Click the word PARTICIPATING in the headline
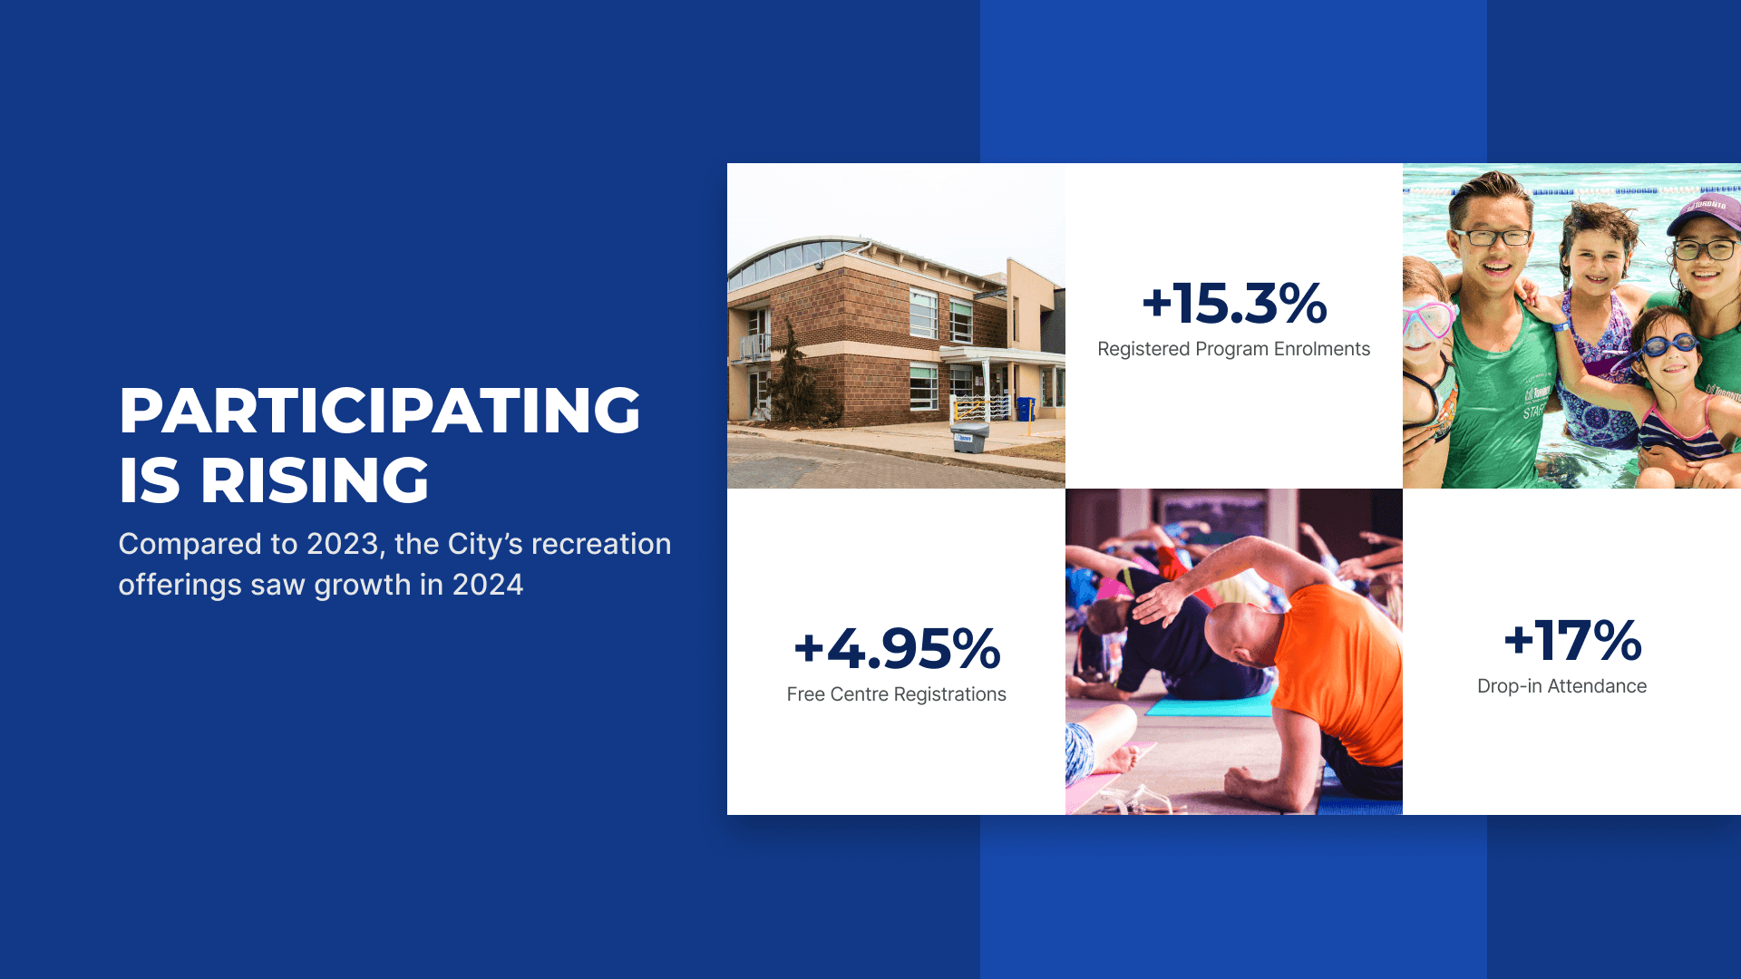[380, 411]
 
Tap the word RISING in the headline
[315, 480]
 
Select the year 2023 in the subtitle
[343, 544]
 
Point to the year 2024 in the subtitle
[488, 585]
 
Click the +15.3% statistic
[1234, 303]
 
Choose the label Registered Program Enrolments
[1234, 349]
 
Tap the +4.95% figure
[897, 648]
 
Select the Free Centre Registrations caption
[897, 694]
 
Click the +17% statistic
[1572, 640]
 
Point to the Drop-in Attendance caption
[1561, 686]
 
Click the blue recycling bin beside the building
[1026, 409]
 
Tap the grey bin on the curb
[969, 439]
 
